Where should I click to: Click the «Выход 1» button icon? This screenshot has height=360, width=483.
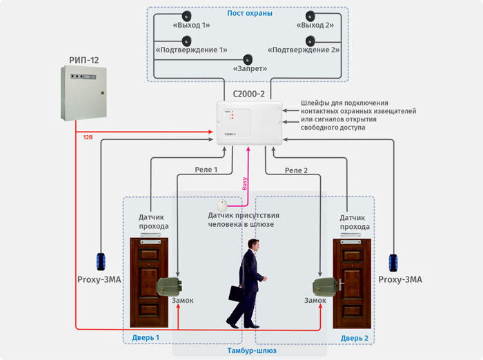[x=186, y=16]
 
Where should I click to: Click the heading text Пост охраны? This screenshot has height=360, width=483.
[x=249, y=13]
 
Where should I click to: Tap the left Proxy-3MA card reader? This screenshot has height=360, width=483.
[x=101, y=261]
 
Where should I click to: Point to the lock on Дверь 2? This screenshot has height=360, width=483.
[x=324, y=285]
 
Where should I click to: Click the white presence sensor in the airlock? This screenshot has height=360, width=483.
[x=221, y=206]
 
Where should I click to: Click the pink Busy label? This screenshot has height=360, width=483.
[x=244, y=183]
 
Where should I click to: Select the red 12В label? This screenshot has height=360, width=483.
[x=88, y=137]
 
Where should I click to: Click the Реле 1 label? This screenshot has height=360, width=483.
[x=206, y=170]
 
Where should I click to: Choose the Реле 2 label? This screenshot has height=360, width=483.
[x=296, y=170]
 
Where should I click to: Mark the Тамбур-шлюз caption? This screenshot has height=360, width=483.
[x=252, y=351]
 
